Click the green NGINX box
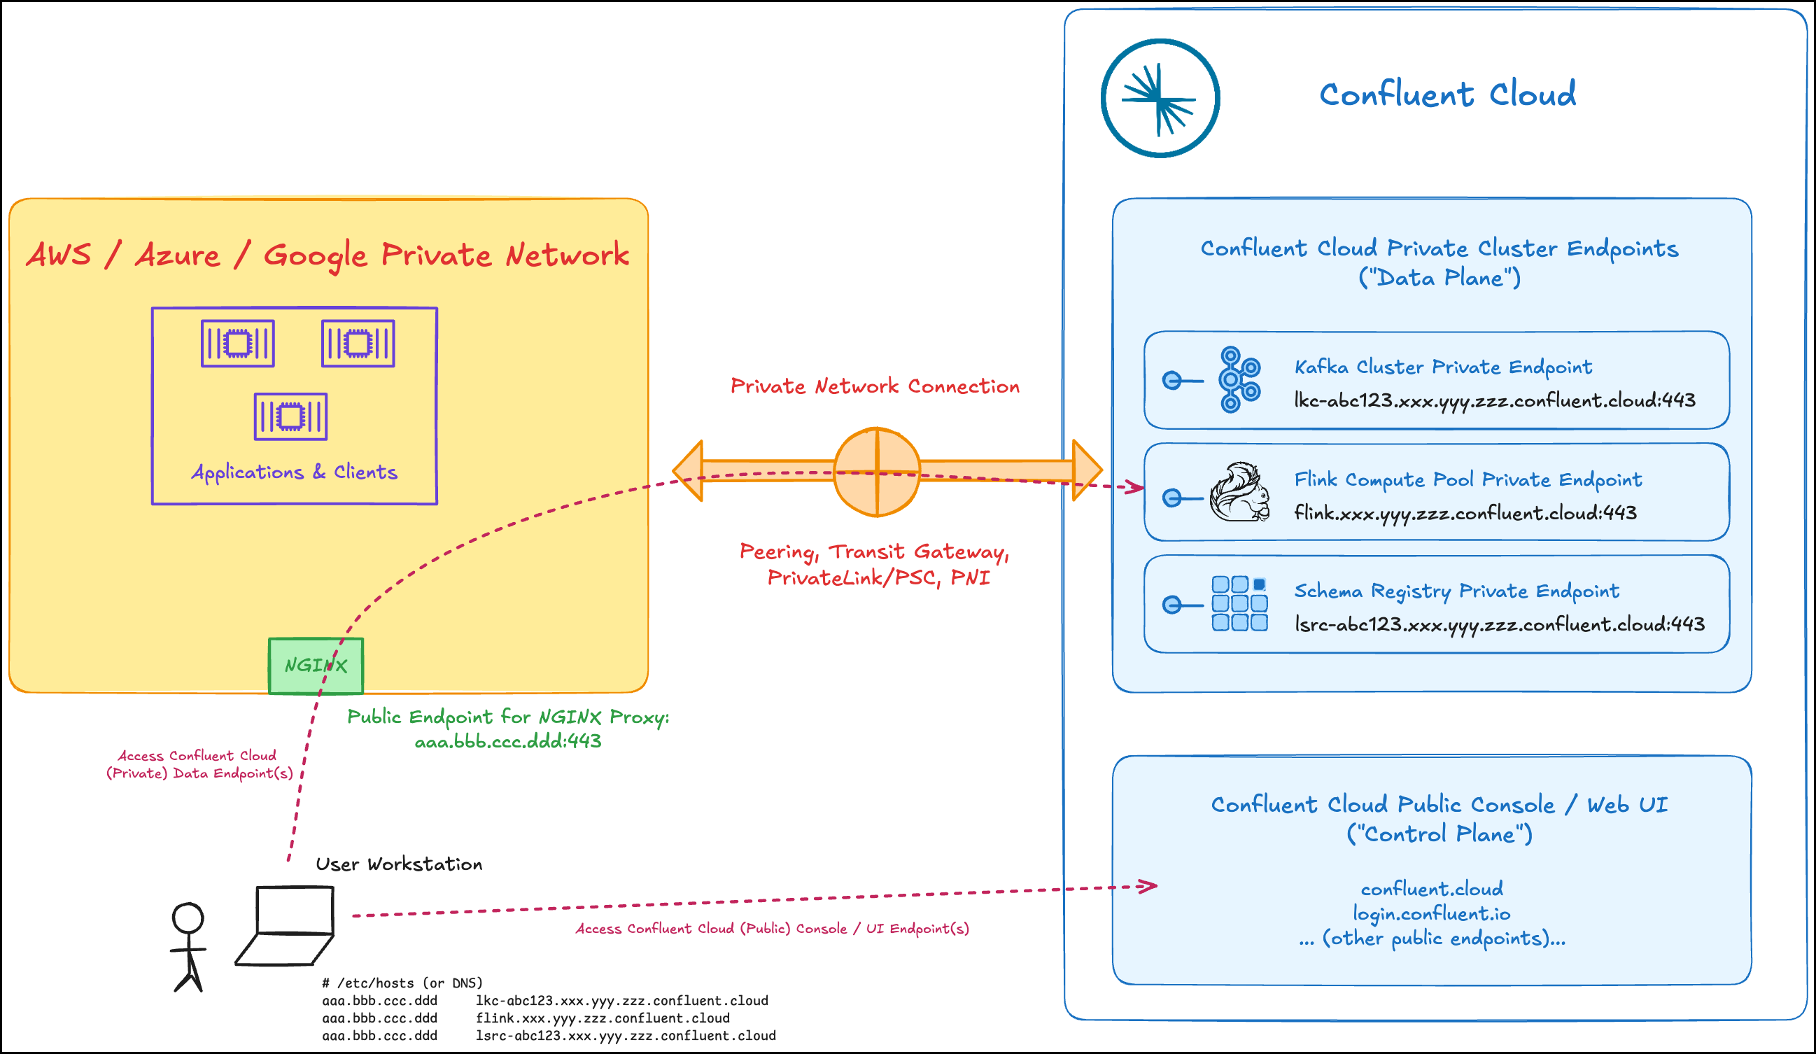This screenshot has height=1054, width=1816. coord(316,666)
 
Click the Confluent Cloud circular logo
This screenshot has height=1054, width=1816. coord(1160,98)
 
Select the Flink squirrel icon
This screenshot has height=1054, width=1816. coord(1239,493)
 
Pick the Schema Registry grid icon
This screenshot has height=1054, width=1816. coord(1239,603)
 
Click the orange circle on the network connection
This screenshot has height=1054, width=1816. coord(876,472)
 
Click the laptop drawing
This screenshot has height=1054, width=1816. coord(287,926)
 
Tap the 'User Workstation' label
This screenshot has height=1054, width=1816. coord(398,864)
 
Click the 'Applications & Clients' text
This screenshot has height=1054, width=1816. coord(294,472)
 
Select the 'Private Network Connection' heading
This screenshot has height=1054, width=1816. coord(875,386)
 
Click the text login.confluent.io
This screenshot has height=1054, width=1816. coord(1431,913)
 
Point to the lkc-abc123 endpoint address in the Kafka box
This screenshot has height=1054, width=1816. coord(1494,400)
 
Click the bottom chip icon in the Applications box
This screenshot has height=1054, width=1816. coord(290,416)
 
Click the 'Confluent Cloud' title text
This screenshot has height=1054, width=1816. coord(1447,94)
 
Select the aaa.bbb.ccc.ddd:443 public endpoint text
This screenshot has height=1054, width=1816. coord(507,741)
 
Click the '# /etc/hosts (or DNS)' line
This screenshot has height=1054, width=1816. coord(402,983)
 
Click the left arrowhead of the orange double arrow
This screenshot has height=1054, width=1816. coord(688,471)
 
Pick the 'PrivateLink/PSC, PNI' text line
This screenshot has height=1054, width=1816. coord(878,578)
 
